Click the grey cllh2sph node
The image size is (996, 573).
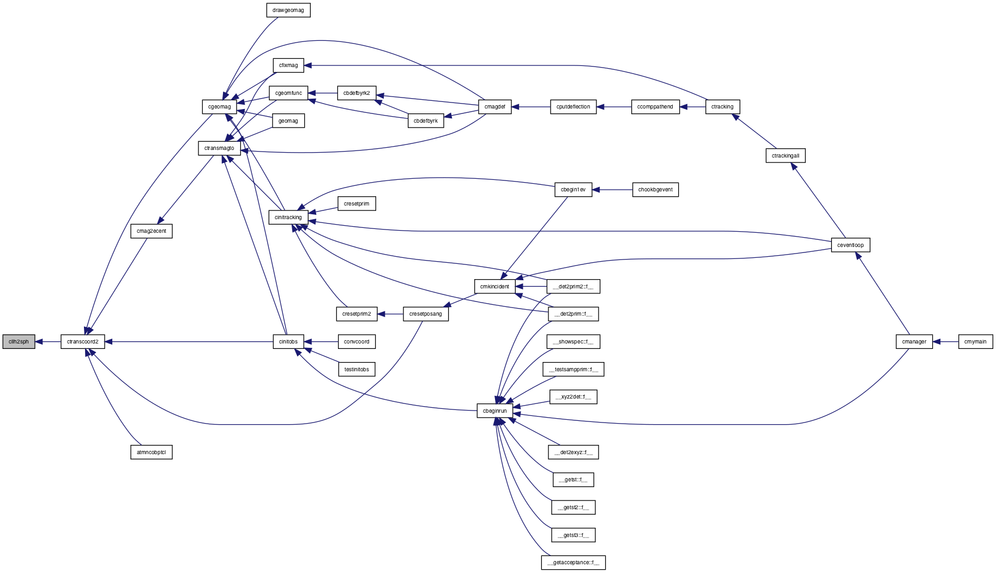[x=19, y=342]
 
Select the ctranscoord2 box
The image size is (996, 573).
[x=82, y=342]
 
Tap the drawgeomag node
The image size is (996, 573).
[x=288, y=10]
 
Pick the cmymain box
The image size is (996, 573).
[x=975, y=342]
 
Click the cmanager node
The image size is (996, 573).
[x=914, y=342]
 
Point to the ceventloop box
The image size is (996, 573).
[x=850, y=245]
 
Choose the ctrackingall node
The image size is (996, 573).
[x=786, y=156]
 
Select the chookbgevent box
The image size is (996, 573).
[x=655, y=190]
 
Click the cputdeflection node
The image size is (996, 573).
[x=574, y=107]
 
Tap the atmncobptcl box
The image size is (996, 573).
[x=152, y=452]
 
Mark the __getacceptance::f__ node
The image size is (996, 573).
[x=574, y=563]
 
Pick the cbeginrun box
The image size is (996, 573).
[x=495, y=411]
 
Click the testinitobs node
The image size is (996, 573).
[x=357, y=370]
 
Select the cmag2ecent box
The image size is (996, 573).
[x=152, y=231]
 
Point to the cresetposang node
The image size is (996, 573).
[x=426, y=314]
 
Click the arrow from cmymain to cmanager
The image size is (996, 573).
[x=945, y=342]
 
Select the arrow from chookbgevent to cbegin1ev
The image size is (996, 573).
[x=612, y=190]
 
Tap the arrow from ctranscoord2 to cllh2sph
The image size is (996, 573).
[x=47, y=342]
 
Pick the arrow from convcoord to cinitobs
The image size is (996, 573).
[x=321, y=342]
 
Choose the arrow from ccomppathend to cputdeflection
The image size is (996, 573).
[x=614, y=107]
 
